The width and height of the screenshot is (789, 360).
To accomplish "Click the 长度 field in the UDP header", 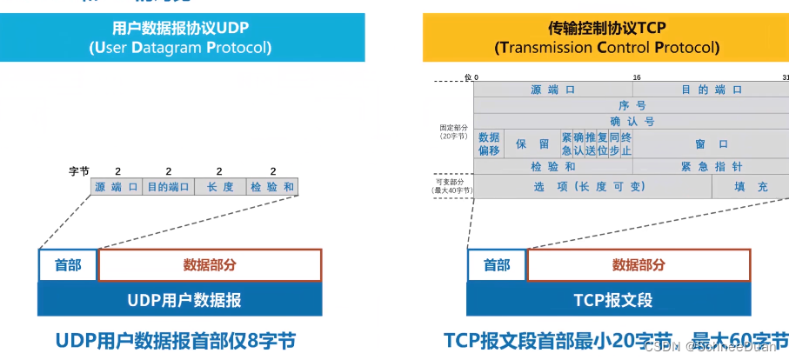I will pos(219,187).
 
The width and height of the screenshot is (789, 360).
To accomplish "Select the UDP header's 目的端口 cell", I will pos(168,187).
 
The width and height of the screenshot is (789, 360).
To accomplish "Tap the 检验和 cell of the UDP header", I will pos(272,187).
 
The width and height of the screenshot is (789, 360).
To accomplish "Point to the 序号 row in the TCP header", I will pos(632,105).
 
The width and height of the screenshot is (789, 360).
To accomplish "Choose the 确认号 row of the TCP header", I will pos(632,121).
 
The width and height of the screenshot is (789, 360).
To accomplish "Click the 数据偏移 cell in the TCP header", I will pos(489,143).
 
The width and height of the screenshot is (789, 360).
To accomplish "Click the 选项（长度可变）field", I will pos(592,186).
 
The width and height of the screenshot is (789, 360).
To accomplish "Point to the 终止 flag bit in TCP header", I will pos(626,143).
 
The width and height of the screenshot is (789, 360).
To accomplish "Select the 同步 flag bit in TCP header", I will pos(614,143).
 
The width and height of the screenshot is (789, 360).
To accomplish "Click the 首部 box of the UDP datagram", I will pos(68,265).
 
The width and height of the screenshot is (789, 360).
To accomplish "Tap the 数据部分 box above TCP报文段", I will pos(639,265).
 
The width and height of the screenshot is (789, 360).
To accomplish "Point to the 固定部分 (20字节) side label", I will pos(453,131).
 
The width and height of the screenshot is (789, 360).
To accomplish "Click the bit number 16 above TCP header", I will pos(637,77).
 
